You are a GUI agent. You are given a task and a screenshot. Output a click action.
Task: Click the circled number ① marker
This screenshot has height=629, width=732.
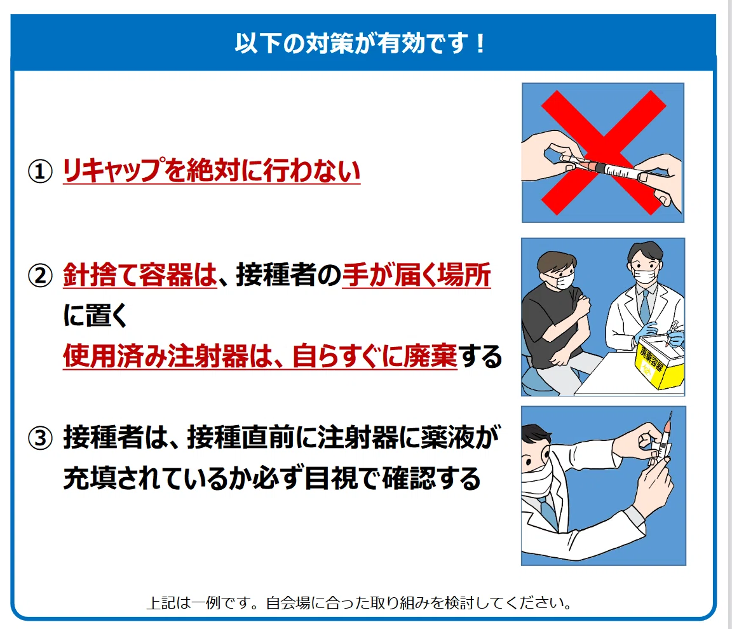coord(40,172)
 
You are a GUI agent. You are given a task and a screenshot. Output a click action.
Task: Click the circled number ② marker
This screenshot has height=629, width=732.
coord(40,275)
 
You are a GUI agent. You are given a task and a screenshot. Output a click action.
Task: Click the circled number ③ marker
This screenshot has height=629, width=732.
coord(40,438)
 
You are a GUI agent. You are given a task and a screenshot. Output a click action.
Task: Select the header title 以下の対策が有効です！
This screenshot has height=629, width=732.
coord(360,43)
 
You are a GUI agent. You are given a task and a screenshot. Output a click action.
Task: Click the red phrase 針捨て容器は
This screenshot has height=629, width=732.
coord(140,274)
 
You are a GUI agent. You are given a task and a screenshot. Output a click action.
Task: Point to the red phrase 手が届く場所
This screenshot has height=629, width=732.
coord(416,274)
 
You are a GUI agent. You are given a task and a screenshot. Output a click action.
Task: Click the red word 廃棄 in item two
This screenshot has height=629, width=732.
coord(430,356)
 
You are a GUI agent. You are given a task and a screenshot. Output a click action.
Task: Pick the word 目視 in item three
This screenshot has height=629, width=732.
coord(332,478)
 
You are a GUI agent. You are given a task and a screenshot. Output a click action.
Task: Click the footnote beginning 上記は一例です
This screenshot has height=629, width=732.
coord(360,603)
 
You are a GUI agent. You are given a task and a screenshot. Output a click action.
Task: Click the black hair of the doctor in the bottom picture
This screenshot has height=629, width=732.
coord(534,434)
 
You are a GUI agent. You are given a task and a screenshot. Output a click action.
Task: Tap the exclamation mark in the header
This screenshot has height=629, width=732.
coord(480,43)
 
